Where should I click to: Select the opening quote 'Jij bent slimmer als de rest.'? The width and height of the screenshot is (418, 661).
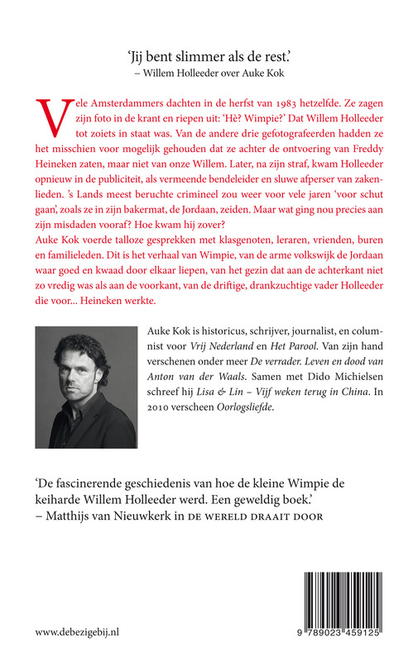click(208, 55)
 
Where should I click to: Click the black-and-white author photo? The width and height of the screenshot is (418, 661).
click(88, 388)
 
